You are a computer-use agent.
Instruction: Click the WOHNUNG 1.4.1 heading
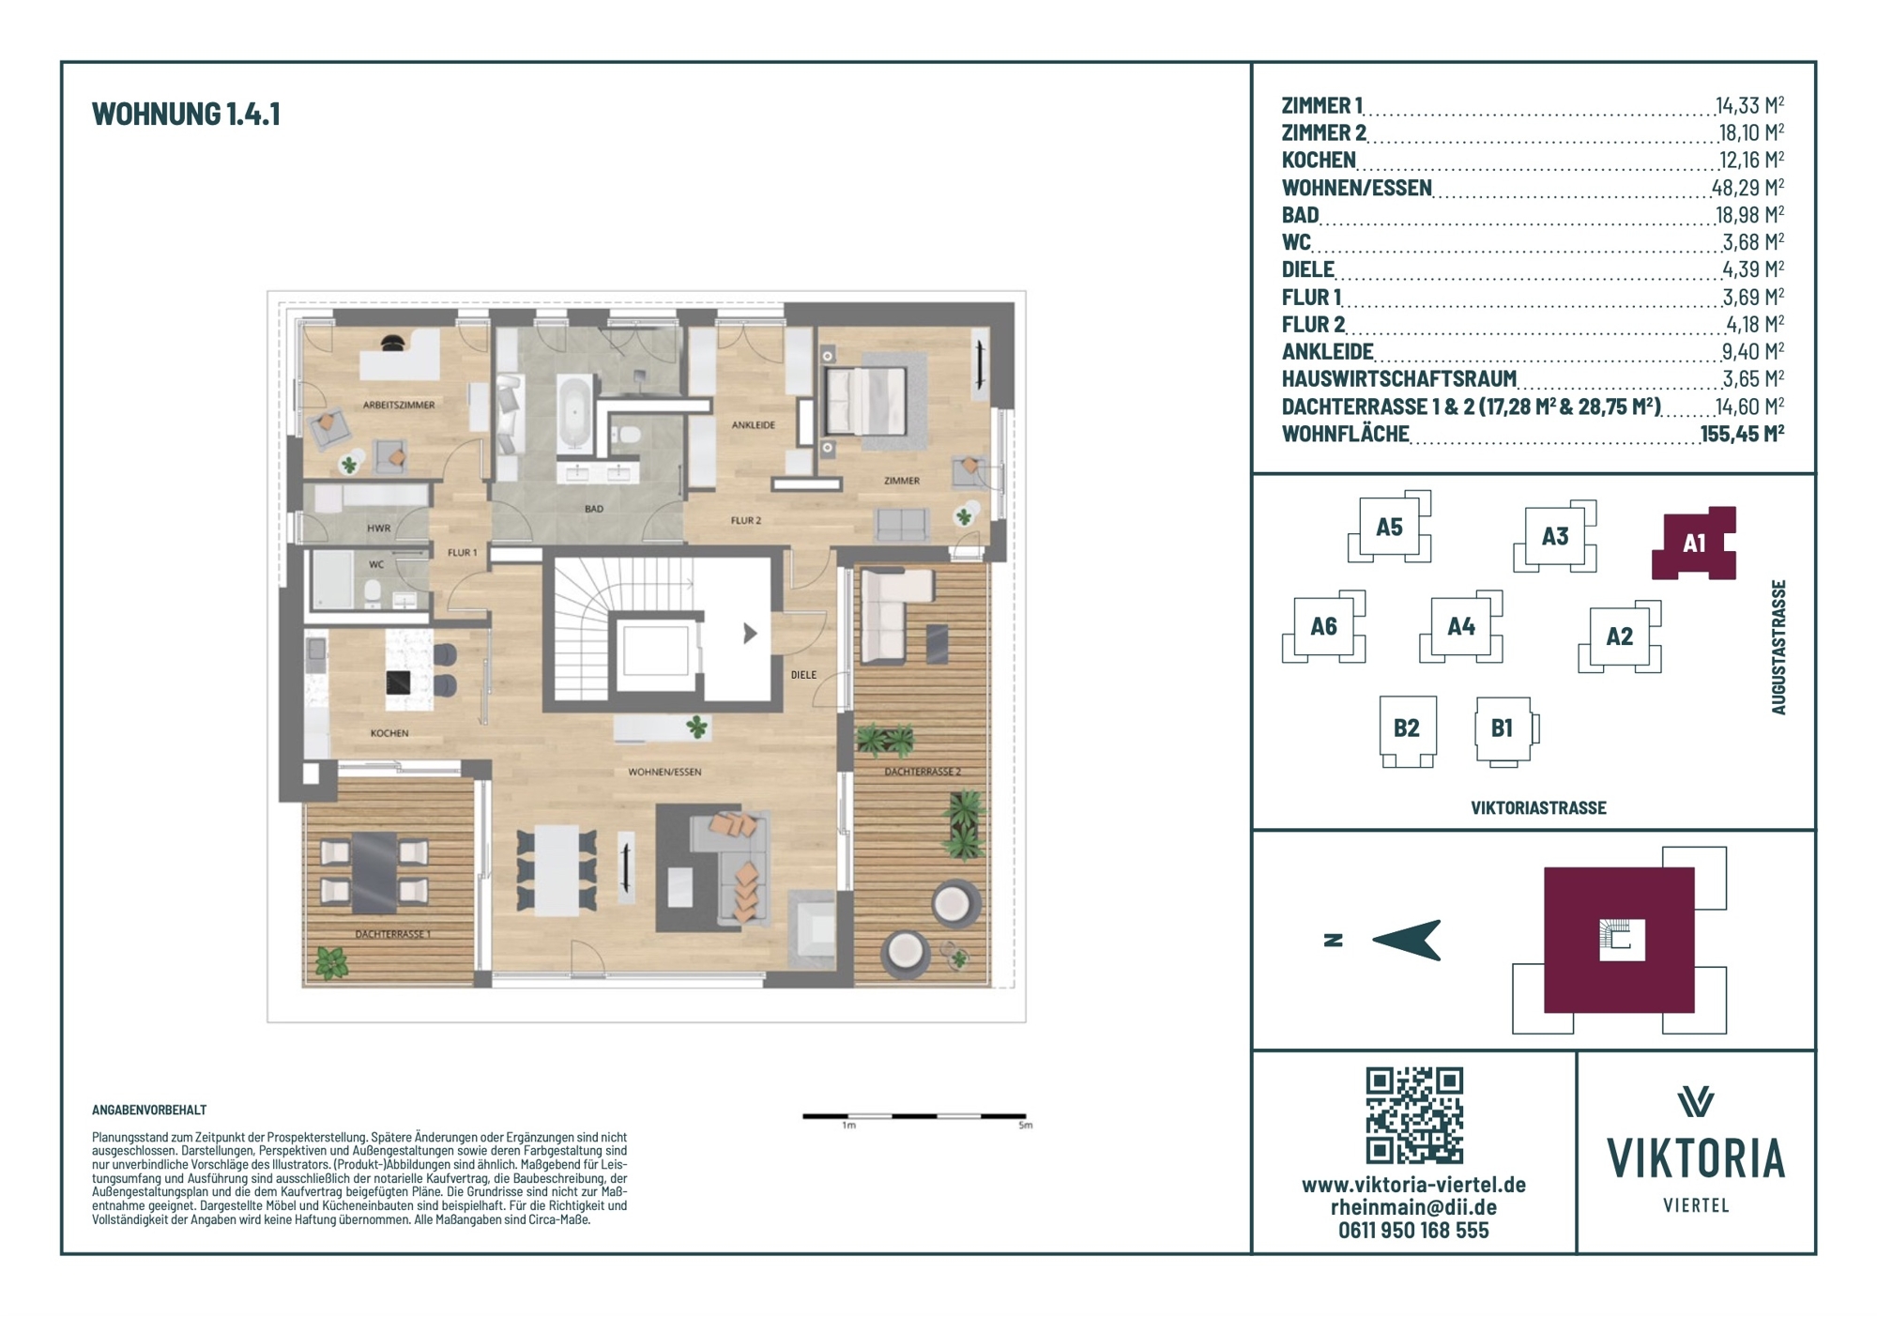186,114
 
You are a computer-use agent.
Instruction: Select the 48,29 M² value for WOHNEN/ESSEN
1748,187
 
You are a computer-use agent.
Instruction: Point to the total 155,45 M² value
1742,433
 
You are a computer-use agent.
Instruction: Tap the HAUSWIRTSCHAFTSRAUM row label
1398,378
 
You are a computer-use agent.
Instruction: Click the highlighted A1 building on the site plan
1694,543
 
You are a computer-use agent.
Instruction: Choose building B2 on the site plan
1407,729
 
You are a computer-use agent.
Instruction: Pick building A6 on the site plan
1323,626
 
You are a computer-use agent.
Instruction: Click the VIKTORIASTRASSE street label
1538,807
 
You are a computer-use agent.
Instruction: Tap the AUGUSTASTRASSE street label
1778,647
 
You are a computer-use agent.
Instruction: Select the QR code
1414,1115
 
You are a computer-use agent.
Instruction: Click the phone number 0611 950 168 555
1413,1231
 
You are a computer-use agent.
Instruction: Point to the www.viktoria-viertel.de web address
1413,1185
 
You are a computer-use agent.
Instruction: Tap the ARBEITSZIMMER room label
399,406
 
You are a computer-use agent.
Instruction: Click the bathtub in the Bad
573,413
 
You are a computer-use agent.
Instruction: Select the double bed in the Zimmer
865,400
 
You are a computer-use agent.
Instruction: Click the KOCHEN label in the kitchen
389,733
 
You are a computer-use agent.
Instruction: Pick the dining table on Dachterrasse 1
374,872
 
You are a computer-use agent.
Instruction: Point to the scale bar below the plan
914,1116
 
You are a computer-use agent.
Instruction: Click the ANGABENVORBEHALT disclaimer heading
149,1110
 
